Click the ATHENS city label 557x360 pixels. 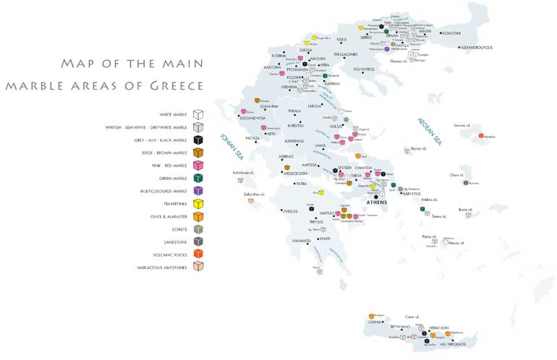[376, 202]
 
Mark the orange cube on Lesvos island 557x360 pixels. [481, 135]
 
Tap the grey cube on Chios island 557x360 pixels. [466, 182]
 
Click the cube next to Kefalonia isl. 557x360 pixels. [240, 179]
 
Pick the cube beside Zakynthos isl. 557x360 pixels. [251, 201]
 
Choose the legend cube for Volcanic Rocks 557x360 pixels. [198, 254]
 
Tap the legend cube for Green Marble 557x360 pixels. [198, 178]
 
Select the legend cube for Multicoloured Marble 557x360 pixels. [198, 191]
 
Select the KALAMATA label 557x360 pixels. [302, 241]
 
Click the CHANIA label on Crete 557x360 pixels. [375, 322]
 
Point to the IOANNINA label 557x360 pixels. [271, 106]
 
